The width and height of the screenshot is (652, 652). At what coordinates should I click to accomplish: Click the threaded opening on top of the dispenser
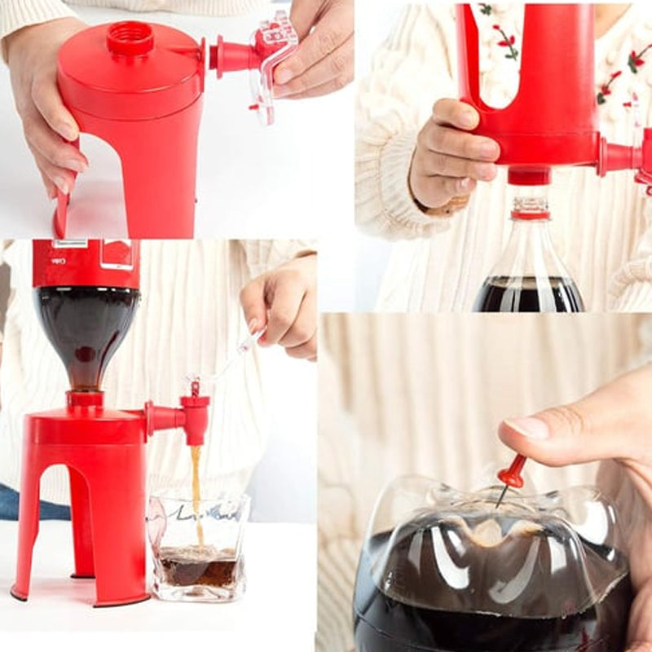coord(130,37)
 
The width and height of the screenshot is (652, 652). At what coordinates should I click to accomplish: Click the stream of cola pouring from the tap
coord(196,489)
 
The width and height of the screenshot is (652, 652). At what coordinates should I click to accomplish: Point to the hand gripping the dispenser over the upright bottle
coord(452,155)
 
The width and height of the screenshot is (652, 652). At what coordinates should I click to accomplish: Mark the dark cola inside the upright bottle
coord(528,296)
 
